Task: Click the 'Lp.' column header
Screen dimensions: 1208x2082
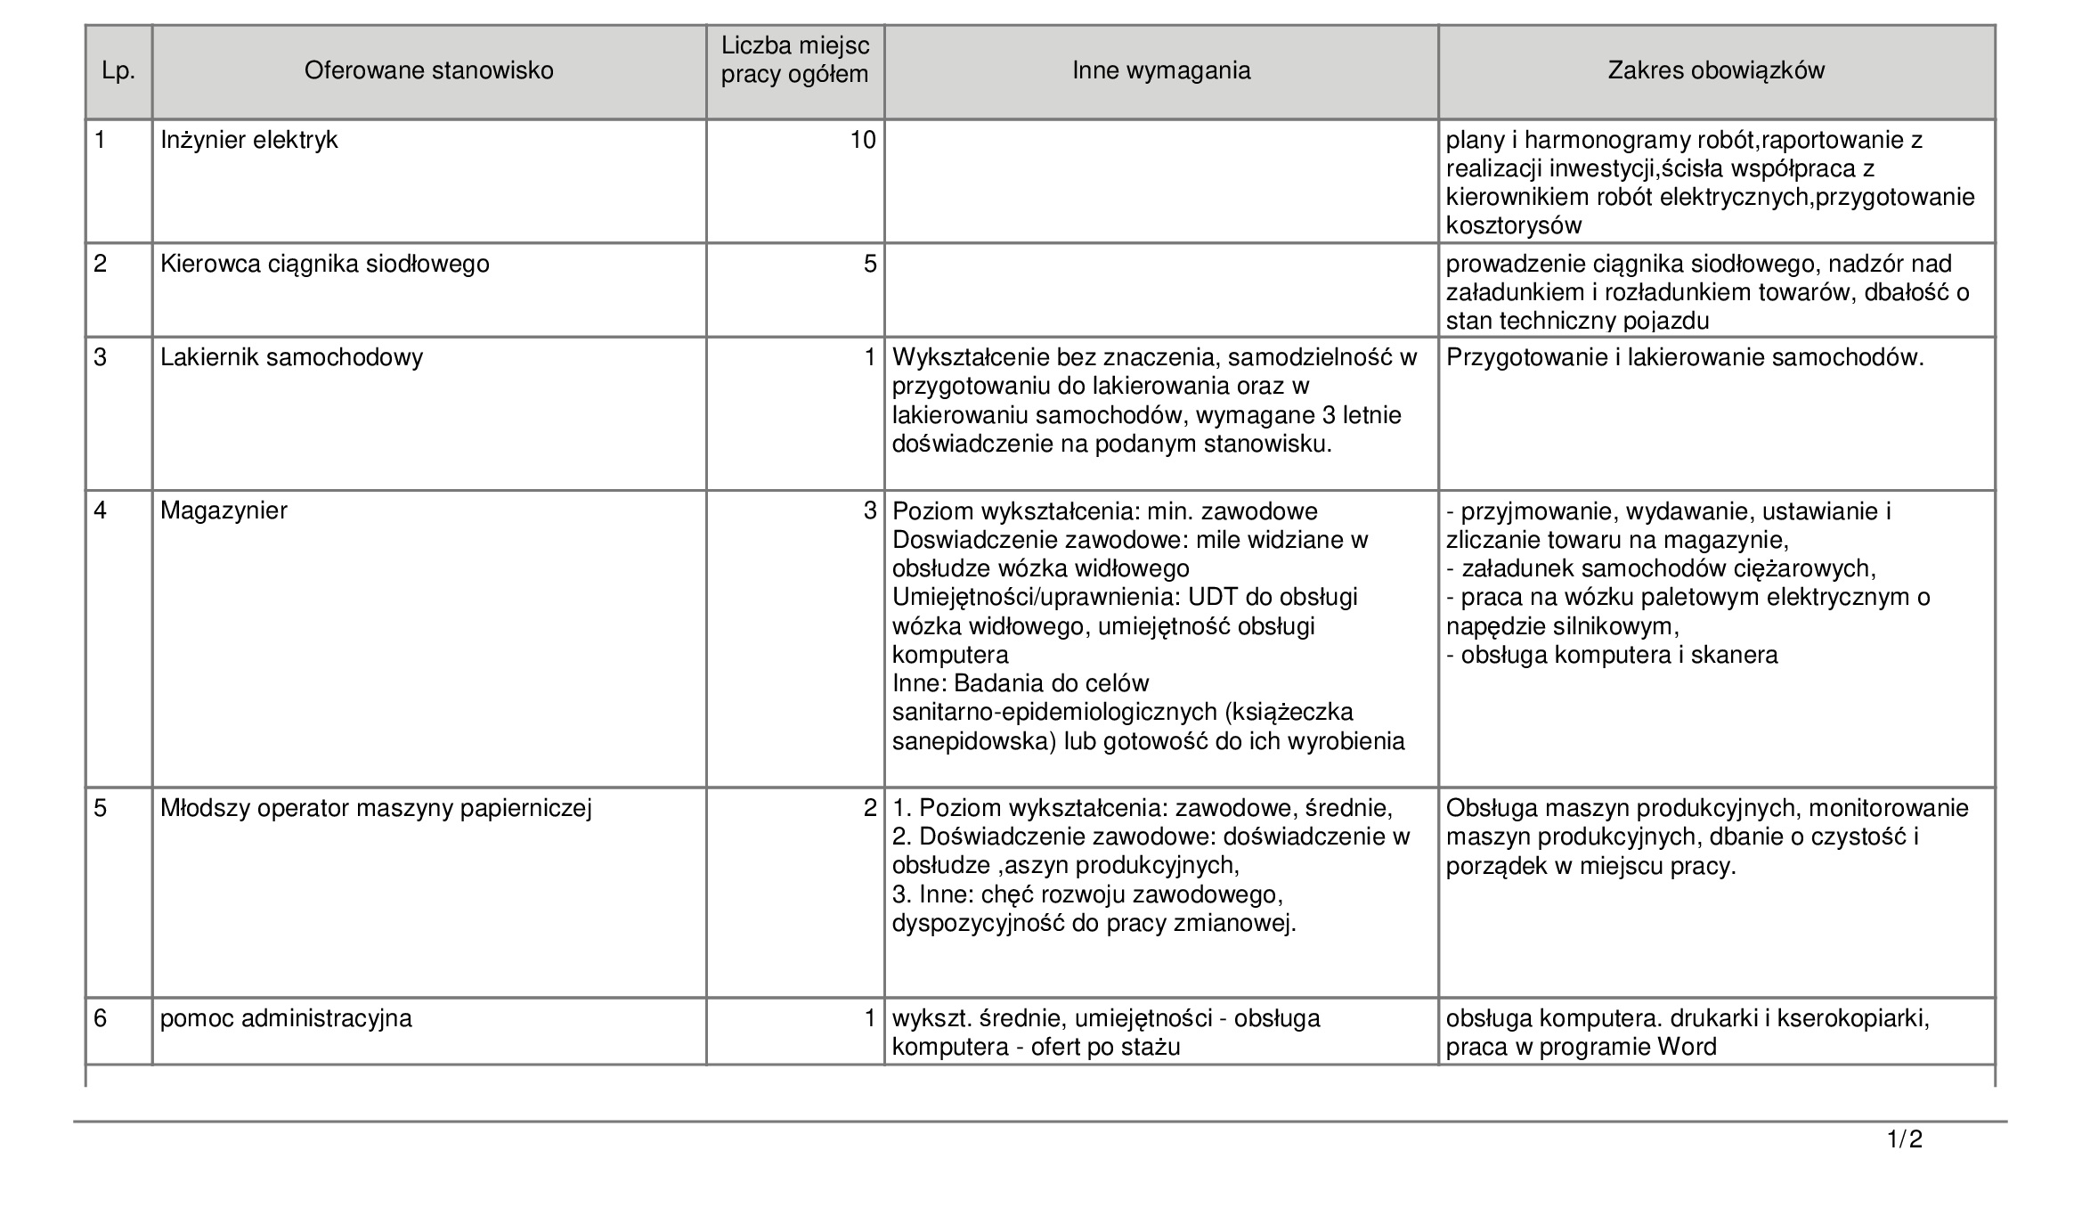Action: point(118,71)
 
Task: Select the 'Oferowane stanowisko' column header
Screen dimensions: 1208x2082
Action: point(428,70)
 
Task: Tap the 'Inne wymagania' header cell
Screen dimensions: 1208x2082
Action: point(1161,70)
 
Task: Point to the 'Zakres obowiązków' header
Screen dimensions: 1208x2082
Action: point(1716,70)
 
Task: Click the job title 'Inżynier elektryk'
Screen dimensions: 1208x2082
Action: point(249,140)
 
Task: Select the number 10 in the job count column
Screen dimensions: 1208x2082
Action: point(863,140)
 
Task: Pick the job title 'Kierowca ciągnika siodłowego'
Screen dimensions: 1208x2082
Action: point(325,264)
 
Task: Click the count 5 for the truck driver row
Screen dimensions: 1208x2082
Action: point(870,264)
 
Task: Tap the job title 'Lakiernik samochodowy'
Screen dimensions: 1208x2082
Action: point(291,357)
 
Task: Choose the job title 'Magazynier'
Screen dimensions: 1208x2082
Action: point(224,510)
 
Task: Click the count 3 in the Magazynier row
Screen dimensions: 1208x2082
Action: point(870,510)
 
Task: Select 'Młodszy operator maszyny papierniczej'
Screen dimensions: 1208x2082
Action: point(376,808)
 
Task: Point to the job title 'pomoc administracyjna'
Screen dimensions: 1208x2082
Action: point(286,1017)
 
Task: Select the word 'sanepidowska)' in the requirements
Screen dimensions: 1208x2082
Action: point(973,741)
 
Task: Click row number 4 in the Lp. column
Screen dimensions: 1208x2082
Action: point(102,510)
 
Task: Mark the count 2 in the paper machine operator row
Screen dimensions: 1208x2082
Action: point(870,808)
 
